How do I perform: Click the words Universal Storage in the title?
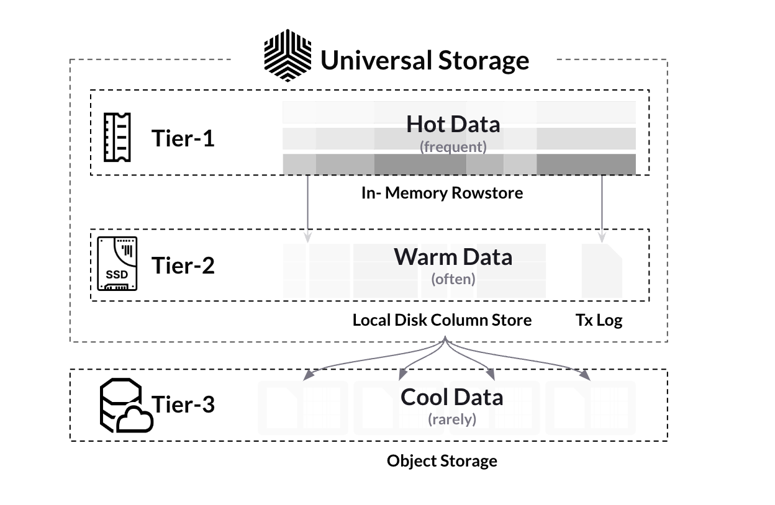point(425,60)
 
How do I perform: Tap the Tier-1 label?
point(183,138)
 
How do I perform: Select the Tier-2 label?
point(183,266)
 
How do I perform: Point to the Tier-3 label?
point(183,404)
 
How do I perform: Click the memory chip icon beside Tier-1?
point(117,137)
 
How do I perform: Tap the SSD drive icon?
point(117,264)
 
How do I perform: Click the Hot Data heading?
point(453,124)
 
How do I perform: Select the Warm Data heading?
point(453,256)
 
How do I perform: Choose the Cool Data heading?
point(451,396)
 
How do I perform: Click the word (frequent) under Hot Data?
point(453,147)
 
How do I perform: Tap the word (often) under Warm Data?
point(453,279)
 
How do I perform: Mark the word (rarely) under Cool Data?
point(451,419)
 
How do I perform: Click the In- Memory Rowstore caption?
point(442,193)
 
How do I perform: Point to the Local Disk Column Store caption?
point(442,320)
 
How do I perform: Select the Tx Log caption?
point(599,320)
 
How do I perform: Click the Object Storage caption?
point(442,461)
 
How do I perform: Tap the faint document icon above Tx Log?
point(601,270)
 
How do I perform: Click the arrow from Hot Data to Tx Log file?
point(602,208)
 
